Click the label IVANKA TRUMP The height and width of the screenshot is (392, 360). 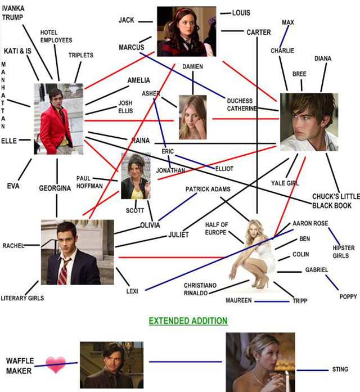click(13, 13)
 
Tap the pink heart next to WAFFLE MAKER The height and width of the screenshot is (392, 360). click(56, 364)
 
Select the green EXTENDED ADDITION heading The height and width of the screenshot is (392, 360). click(188, 321)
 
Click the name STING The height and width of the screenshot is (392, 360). click(340, 370)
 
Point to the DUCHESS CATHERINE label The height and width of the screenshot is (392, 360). click(242, 105)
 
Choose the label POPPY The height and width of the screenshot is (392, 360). click(348, 297)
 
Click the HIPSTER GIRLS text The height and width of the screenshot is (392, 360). click(344, 252)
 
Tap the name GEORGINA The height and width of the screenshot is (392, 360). click(55, 188)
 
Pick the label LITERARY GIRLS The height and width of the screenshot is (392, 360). click(22, 298)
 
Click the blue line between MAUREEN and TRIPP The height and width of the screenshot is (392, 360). click(272, 301)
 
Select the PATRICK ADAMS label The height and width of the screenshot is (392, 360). click(208, 189)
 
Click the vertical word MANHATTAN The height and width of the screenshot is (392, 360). click(3, 95)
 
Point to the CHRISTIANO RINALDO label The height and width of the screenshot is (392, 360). click(200, 289)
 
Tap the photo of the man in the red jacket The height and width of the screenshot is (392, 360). click(58, 119)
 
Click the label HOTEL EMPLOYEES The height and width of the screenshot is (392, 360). click(56, 36)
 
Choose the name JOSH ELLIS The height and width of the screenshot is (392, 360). click(125, 107)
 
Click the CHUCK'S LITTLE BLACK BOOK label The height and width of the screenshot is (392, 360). click(336, 201)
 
